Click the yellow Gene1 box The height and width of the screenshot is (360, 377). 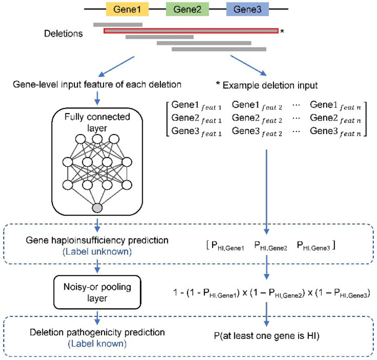[128, 9]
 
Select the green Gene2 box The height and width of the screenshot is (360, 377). [187, 9]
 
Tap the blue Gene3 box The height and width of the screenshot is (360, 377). [247, 9]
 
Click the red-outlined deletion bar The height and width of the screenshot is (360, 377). [191, 31]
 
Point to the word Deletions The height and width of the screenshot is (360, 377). [63, 33]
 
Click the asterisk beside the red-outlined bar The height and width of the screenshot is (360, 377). [282, 31]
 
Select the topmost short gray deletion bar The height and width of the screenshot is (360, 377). [118, 25]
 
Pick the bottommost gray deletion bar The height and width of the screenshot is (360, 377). [219, 49]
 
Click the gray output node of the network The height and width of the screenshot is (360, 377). [97, 208]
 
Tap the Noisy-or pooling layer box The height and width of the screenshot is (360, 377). [97, 292]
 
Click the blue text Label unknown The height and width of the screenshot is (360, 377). [97, 252]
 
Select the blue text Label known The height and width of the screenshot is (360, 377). [97, 343]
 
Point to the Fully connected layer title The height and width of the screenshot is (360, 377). [97, 122]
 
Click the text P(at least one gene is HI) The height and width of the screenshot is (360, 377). [266, 336]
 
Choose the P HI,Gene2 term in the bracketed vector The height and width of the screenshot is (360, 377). [271, 246]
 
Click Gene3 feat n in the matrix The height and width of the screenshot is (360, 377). [335, 132]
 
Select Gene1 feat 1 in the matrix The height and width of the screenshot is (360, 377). [196, 105]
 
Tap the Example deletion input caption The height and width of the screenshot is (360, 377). [267, 85]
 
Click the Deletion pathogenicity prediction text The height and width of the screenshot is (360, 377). [97, 332]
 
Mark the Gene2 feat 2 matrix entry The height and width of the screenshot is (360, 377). [257, 119]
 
